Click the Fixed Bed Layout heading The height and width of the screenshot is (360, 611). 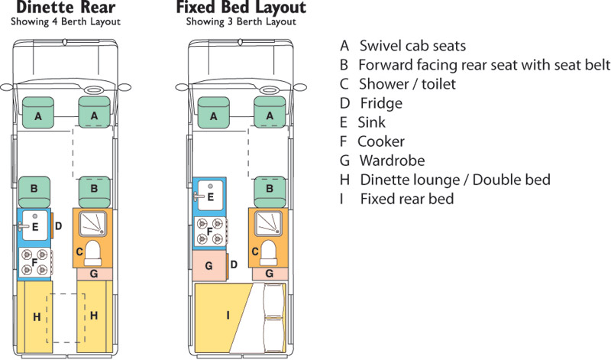pos(241,8)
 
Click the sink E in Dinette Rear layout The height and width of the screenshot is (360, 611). pos(35,226)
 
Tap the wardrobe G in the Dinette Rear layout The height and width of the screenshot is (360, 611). pos(93,273)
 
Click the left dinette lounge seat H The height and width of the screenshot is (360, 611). pos(35,314)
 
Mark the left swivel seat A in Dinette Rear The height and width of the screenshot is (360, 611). pos(36,115)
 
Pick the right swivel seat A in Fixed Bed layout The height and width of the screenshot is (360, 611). pos(270,115)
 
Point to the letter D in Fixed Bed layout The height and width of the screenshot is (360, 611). pos(234,264)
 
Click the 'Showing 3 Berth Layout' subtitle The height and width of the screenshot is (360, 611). pos(241,22)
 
